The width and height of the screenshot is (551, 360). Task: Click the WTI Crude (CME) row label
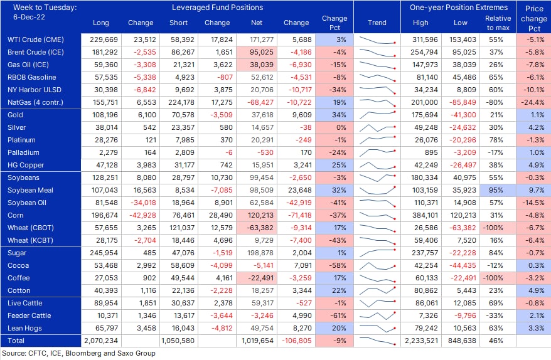click(x=36, y=40)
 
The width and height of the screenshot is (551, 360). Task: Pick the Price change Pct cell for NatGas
click(x=533, y=103)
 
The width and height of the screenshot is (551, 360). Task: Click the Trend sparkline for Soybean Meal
click(x=377, y=190)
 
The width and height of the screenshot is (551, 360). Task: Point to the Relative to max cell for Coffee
click(x=496, y=278)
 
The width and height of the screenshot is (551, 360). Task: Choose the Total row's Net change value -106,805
click(x=297, y=341)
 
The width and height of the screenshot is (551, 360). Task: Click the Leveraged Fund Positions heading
click(x=218, y=8)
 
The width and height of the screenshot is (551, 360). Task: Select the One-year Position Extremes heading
click(x=459, y=8)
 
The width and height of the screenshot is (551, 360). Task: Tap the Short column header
click(x=178, y=23)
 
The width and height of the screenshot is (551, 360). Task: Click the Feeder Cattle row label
click(x=29, y=315)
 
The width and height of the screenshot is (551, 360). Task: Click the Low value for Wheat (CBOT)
click(x=463, y=228)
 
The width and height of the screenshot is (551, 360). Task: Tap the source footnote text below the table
click(x=78, y=353)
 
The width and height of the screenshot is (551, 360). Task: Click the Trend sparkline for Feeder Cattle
click(x=377, y=315)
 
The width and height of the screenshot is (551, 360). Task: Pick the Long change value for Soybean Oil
click(x=143, y=203)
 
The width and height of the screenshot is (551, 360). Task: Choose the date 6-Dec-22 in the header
click(x=29, y=17)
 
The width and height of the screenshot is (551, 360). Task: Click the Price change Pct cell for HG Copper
click(x=533, y=165)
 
